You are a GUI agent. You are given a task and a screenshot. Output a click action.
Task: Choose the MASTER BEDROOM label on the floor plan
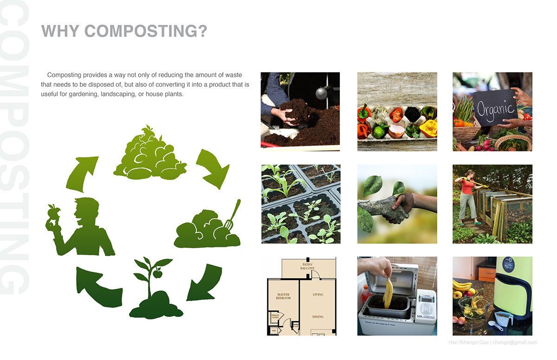pyautogui.click(x=283, y=296)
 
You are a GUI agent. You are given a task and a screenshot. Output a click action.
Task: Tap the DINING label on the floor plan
pyautogui.click(x=317, y=317)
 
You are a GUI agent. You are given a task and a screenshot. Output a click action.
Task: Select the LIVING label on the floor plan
pyautogui.click(x=317, y=295)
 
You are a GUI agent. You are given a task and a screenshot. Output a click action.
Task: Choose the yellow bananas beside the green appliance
pyautogui.click(x=462, y=285)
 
